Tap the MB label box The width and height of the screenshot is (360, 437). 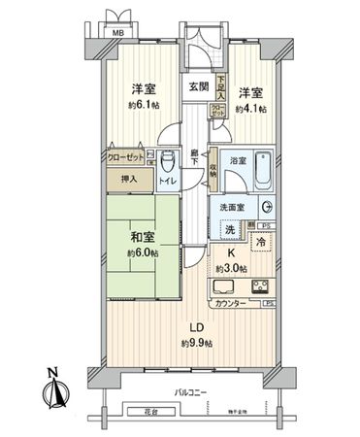[x=117, y=32]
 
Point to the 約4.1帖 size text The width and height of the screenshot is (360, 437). [x=249, y=109]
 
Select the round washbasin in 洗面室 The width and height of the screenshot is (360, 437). [x=266, y=208]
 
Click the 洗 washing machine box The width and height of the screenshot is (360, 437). [x=230, y=230]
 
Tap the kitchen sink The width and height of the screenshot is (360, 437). [x=222, y=286]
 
